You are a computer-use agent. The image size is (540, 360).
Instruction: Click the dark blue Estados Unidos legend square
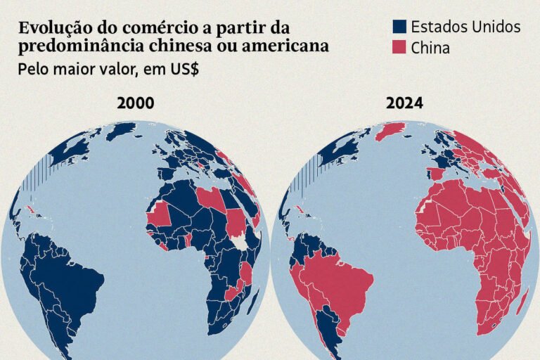pos(399,27)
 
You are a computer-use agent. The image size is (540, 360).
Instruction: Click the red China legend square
pos(399,48)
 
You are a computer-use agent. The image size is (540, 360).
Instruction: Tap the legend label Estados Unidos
pos(465,27)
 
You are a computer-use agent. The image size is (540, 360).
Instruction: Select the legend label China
pos(430,48)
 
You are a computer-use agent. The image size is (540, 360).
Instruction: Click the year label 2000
pos(136,103)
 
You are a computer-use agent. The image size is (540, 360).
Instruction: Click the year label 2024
pos(404,103)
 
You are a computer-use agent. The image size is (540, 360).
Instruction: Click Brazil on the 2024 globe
pos(337,281)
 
